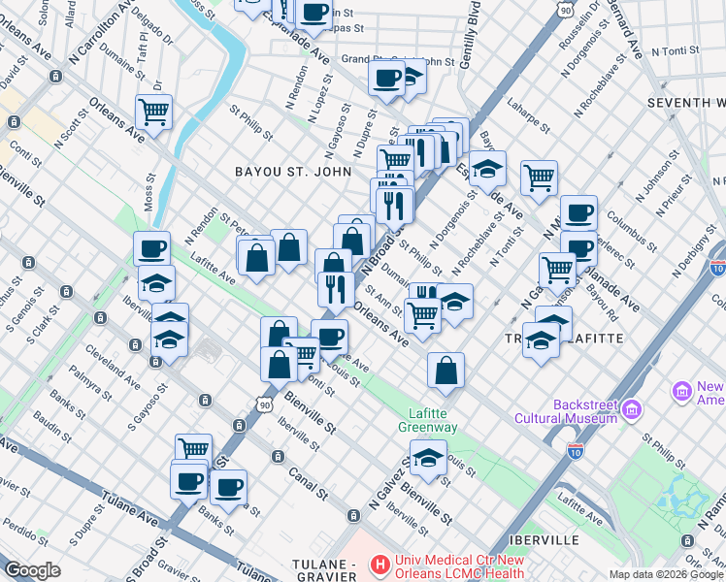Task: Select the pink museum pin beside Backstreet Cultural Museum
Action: tap(634, 410)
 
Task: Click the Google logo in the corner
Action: tap(31, 570)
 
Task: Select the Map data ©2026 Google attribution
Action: tap(666, 574)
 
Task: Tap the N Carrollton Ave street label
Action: tap(100, 34)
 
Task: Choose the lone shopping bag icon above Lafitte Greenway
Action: tap(445, 371)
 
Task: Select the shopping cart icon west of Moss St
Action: tap(154, 113)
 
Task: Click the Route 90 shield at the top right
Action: tap(566, 9)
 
